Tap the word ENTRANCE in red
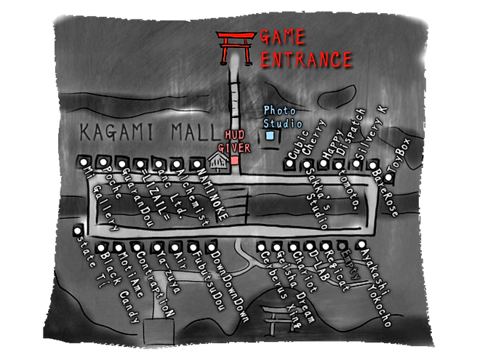305,60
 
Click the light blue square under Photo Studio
270,135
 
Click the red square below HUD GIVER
235,159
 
